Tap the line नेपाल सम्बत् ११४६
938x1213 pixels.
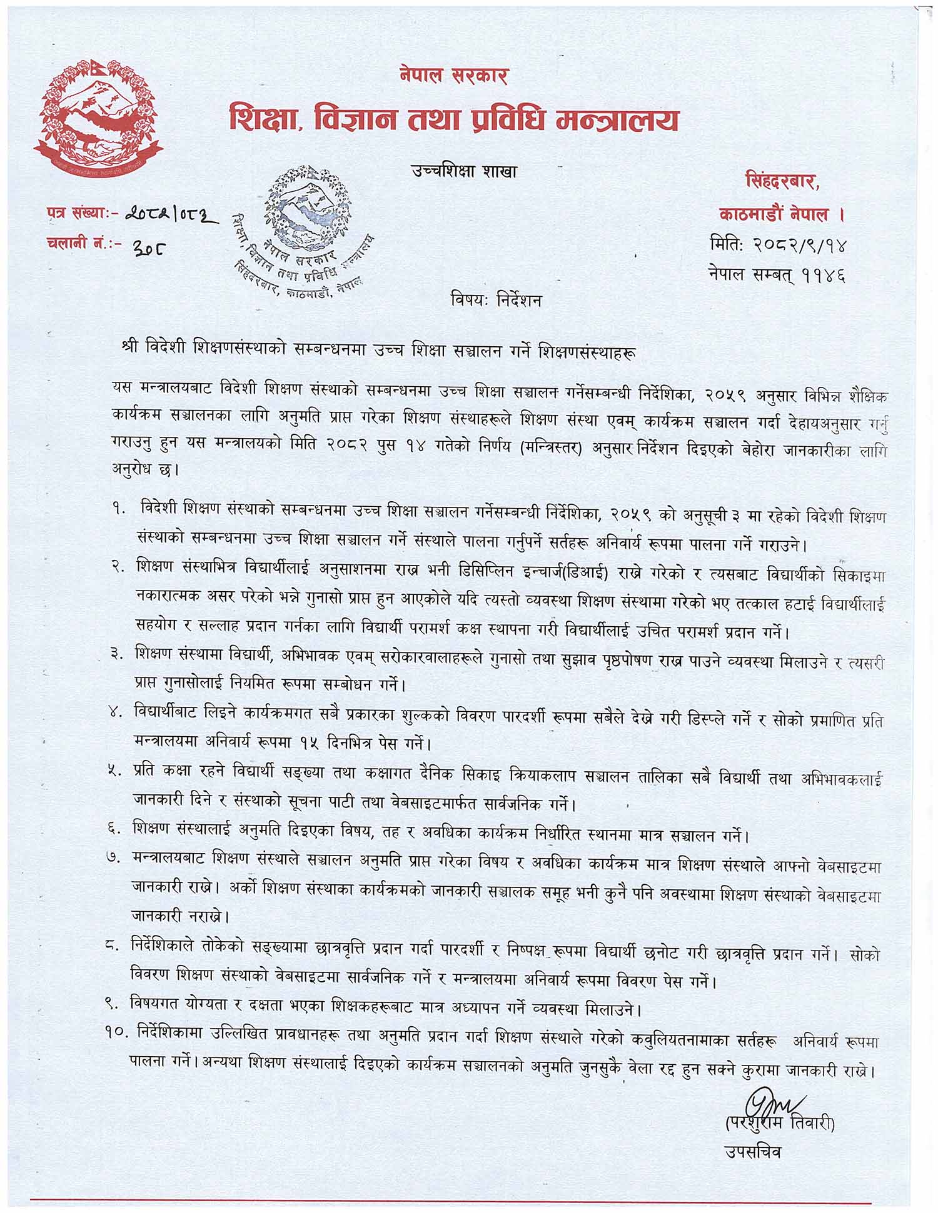778,274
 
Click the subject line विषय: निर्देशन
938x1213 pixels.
495,301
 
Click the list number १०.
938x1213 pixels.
118,1034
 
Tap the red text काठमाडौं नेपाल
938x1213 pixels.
782,215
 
